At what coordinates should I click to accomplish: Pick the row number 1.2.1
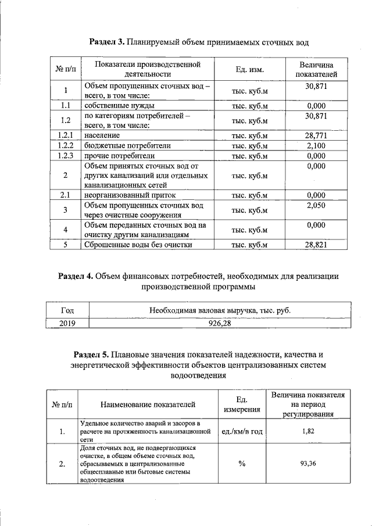tap(66, 135)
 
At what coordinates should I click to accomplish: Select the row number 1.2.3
tap(66, 156)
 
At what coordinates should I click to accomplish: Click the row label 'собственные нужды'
tap(111, 106)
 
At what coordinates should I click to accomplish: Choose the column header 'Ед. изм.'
tap(249, 70)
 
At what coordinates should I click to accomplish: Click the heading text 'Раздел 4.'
tap(76, 275)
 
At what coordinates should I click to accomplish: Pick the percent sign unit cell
tap(241, 463)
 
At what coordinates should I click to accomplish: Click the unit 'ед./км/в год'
tap(241, 432)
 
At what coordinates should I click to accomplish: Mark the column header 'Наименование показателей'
tap(148, 405)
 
